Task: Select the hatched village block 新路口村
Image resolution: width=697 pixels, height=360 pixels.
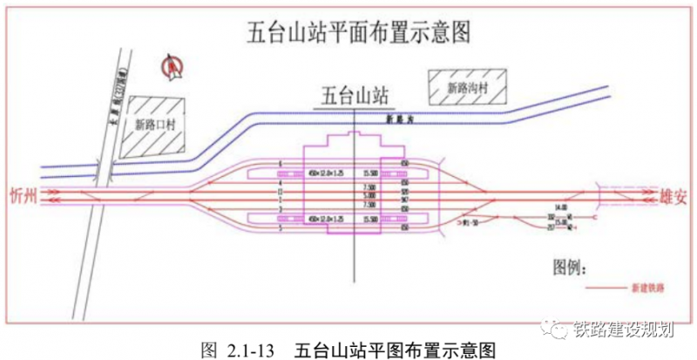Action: click(154, 125)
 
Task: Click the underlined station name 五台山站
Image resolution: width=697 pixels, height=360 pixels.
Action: click(354, 94)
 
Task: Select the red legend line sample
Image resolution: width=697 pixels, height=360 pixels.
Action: click(609, 287)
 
